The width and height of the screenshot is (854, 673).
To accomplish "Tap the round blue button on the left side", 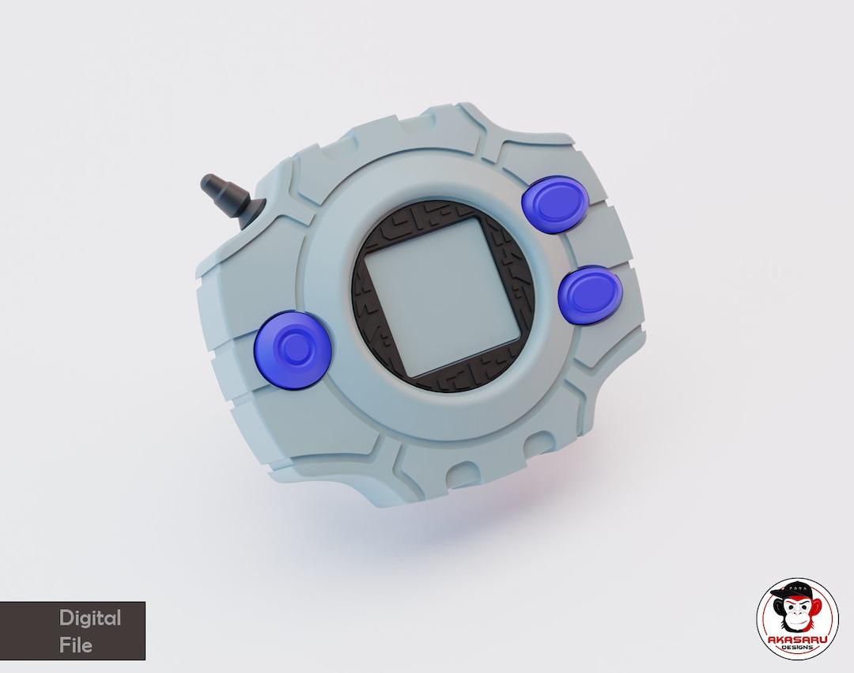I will tap(293, 349).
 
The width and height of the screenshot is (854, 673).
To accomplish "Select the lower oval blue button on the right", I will tap(590, 294).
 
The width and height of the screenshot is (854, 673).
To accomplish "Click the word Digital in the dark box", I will tap(90, 618).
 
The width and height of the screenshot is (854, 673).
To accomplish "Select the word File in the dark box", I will tap(76, 645).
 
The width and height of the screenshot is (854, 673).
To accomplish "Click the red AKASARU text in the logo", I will tap(797, 639).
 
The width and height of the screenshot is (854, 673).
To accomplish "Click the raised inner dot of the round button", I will tap(294, 347).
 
